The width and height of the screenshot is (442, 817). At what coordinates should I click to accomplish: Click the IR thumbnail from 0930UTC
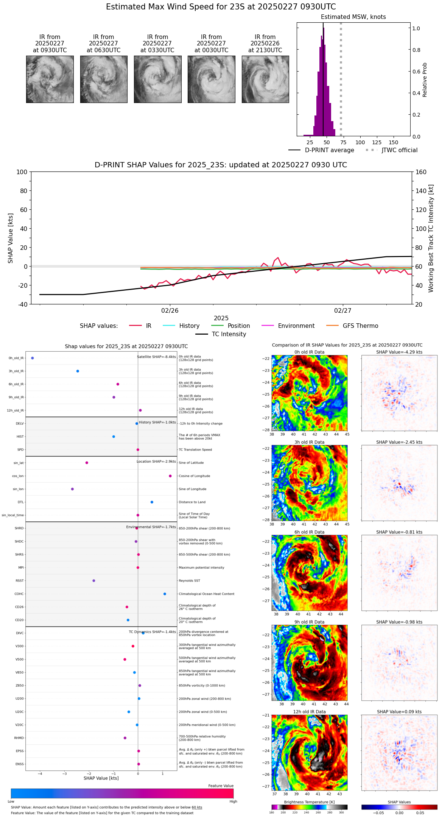pyautogui.click(x=50, y=79)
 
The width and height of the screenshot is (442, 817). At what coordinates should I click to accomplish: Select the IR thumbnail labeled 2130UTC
pyautogui.click(x=265, y=79)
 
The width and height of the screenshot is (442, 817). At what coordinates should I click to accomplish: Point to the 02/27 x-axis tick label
pyautogui.click(x=342, y=311)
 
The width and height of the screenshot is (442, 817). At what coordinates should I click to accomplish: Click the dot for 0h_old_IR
pyautogui.click(x=33, y=358)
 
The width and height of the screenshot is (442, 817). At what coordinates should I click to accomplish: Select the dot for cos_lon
pyautogui.click(x=170, y=476)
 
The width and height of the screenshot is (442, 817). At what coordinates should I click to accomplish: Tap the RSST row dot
pyautogui.click(x=94, y=581)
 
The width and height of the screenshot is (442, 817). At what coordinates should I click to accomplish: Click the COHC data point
pyautogui.click(x=165, y=594)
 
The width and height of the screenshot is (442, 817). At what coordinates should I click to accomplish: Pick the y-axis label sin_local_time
pyautogui.click(x=13, y=515)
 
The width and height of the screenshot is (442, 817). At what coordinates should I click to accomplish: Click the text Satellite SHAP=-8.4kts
pyautogui.click(x=156, y=357)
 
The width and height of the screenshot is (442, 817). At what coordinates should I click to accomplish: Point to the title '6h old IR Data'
pyautogui.click(x=309, y=532)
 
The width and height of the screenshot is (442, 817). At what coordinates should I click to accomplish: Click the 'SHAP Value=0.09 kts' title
pyautogui.click(x=399, y=712)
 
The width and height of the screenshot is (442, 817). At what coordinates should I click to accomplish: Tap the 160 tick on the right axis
pyautogui.click(x=421, y=172)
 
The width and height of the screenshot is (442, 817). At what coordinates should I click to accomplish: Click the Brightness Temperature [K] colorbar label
pyautogui.click(x=309, y=802)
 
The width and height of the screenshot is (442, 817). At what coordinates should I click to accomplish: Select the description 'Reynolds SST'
pyautogui.click(x=190, y=581)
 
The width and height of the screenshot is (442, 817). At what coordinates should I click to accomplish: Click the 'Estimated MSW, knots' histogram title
pyautogui.click(x=353, y=17)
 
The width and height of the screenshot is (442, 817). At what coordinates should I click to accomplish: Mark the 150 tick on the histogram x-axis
pyautogui.click(x=394, y=143)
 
